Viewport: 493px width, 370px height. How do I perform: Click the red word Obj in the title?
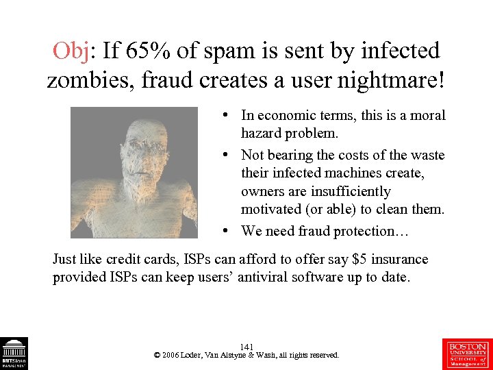pos(71,51)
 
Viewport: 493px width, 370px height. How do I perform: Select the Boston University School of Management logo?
pos(468,353)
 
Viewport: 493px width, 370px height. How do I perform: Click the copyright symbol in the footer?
pos(157,356)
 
